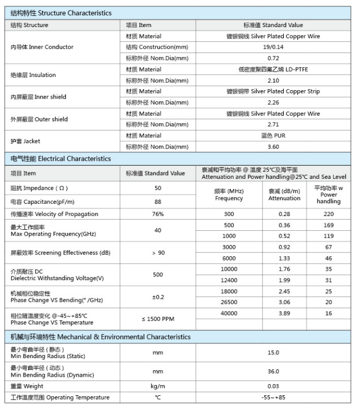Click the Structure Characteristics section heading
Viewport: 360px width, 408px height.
click(x=61, y=13)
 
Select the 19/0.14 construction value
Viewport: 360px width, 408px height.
click(x=273, y=47)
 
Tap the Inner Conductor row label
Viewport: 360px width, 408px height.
click(x=42, y=47)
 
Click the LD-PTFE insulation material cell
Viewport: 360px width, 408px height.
click(x=273, y=70)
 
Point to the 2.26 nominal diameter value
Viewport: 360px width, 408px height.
click(x=273, y=102)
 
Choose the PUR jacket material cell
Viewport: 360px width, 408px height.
click(x=273, y=136)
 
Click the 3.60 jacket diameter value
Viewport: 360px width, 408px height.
click(x=273, y=147)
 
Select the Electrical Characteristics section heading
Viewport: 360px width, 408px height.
click(x=61, y=159)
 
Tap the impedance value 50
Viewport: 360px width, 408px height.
click(x=158, y=188)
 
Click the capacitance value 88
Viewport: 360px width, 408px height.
click(x=158, y=202)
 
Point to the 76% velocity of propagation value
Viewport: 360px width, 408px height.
click(x=158, y=214)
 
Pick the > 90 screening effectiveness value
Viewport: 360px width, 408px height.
click(x=158, y=253)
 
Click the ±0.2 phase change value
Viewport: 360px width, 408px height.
click(x=158, y=297)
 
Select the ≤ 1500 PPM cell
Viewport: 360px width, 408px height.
click(x=158, y=319)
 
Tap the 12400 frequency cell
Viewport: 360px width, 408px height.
click(x=229, y=280)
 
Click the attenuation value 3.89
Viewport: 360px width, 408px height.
click(x=284, y=314)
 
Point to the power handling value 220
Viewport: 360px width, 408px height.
click(x=329, y=214)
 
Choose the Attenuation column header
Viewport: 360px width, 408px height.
click(x=284, y=195)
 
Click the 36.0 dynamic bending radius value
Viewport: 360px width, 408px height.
click(x=273, y=372)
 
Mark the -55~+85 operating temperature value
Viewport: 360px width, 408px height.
click(x=273, y=397)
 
